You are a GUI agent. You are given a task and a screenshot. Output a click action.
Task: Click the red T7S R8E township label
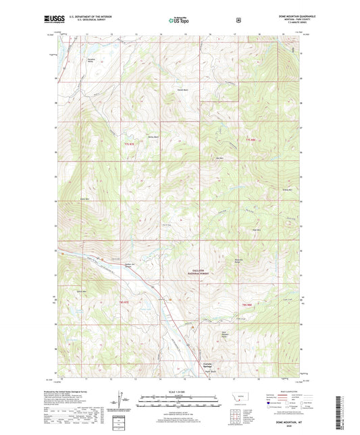coord(251,140)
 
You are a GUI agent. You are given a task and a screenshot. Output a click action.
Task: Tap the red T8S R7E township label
coord(124,301)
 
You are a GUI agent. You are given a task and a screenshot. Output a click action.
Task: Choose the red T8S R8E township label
coord(247,305)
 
